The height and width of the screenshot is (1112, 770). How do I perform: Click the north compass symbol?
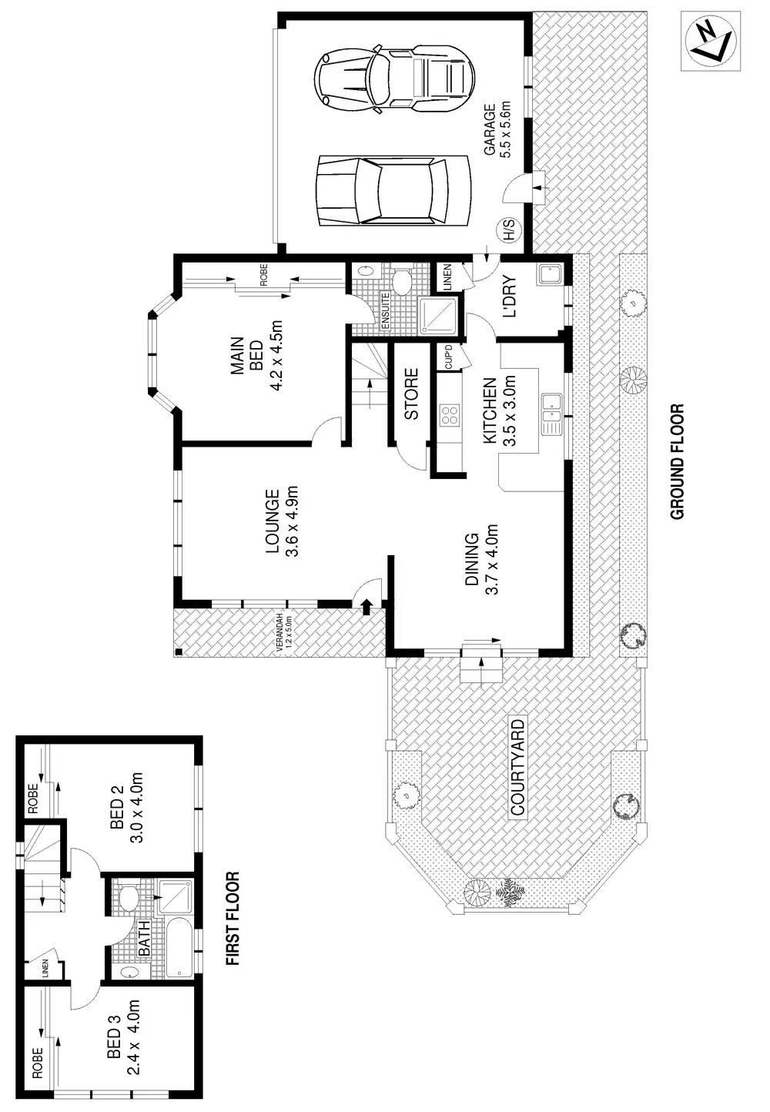tap(710, 42)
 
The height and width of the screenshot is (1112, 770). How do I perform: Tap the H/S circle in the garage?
tap(508, 229)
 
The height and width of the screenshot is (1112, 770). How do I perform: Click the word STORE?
tap(411, 394)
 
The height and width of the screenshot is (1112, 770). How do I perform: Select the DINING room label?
tap(482, 560)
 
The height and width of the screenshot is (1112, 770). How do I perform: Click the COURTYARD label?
tap(517, 766)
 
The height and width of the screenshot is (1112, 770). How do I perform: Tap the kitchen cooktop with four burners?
tap(449, 416)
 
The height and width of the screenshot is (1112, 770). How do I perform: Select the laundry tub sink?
tap(551, 274)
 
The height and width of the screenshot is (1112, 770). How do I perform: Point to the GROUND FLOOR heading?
tap(678, 462)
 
